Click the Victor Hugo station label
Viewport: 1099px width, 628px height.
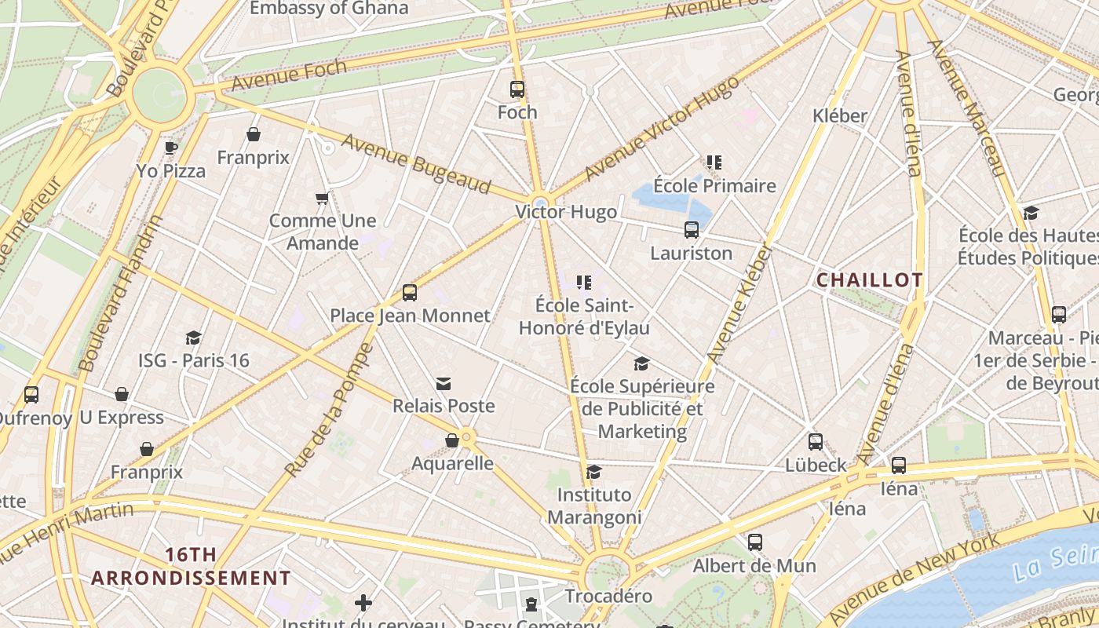pyautogui.click(x=566, y=213)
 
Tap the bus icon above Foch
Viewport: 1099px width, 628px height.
pyautogui.click(x=517, y=89)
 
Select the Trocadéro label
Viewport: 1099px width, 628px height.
pyautogui.click(x=608, y=596)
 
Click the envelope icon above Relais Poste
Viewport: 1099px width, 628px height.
pyautogui.click(x=444, y=383)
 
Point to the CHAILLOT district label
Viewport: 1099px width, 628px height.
pyautogui.click(x=870, y=280)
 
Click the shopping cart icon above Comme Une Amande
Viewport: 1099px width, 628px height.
pyautogui.click(x=322, y=199)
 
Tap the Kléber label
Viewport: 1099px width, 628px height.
pyautogui.click(x=840, y=115)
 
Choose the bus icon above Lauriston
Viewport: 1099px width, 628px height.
pyautogui.click(x=691, y=230)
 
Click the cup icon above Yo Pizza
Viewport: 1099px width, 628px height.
pyautogui.click(x=170, y=148)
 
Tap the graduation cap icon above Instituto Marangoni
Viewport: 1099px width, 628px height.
pyautogui.click(x=594, y=472)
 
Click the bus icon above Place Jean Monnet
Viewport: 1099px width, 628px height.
pyautogui.click(x=409, y=293)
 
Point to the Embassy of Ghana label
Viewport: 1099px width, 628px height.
pyautogui.click(x=329, y=9)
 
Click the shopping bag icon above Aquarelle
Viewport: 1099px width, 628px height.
pyautogui.click(x=452, y=440)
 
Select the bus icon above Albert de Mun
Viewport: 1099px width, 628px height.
pyautogui.click(x=754, y=542)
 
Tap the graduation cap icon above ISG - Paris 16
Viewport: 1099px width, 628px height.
pyautogui.click(x=193, y=338)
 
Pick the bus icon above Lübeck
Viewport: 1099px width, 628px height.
pyautogui.click(x=816, y=441)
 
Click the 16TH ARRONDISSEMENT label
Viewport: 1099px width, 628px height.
pyautogui.click(x=191, y=567)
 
